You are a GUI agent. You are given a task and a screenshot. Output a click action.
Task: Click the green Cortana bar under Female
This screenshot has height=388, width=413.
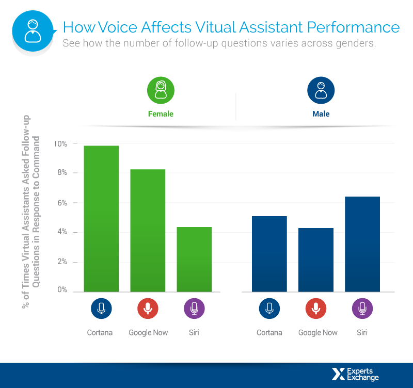[x=101, y=219]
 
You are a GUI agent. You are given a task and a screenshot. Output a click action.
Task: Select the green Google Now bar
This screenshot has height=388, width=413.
[x=148, y=230]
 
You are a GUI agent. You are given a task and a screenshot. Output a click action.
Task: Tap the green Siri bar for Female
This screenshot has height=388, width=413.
[x=194, y=259]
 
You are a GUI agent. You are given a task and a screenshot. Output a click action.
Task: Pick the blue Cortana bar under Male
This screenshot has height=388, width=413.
[x=269, y=254]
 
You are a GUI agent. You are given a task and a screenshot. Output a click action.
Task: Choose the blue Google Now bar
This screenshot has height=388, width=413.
[x=315, y=260]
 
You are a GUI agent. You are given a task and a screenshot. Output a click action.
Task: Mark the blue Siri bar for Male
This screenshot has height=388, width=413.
[x=362, y=244]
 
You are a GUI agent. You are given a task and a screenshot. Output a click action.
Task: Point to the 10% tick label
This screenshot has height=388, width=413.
[x=60, y=143]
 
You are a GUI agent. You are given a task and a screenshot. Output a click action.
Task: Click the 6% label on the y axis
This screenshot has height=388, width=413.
[x=62, y=203]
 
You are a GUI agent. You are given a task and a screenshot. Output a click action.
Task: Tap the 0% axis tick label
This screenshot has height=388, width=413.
[x=62, y=290]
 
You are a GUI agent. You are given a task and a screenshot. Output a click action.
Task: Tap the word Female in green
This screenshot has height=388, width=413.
[x=161, y=114]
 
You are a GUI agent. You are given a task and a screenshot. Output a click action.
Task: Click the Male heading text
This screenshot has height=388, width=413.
[x=321, y=114]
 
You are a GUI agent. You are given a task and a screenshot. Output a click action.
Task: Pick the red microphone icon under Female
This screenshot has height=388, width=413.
[x=148, y=309]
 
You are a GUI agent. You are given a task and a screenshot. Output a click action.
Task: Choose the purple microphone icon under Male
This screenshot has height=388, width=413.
[x=362, y=309]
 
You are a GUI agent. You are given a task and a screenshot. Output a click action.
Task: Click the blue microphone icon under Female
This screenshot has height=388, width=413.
[x=101, y=309]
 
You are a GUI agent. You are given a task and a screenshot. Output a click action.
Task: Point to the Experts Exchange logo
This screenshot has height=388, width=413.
[x=356, y=374]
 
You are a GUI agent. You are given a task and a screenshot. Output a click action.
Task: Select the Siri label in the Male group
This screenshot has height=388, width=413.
[x=362, y=332]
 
